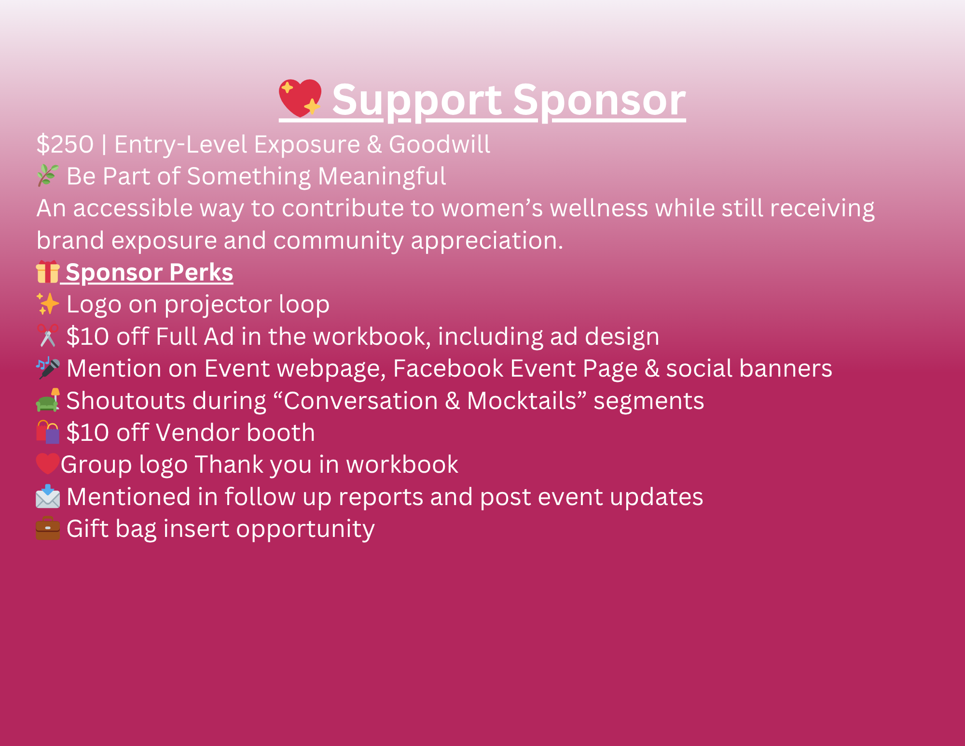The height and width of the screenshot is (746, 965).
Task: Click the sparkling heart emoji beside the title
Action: point(300,98)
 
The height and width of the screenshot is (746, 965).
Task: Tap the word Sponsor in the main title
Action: point(599,100)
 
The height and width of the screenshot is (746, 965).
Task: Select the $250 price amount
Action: point(65,144)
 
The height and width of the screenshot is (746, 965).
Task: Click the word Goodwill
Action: point(440,144)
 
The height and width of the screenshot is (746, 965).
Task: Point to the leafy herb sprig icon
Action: point(48,175)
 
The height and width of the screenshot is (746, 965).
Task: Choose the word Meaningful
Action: point(382,177)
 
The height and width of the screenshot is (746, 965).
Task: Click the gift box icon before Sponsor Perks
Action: point(48,271)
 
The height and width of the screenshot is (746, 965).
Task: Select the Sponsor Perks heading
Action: point(149,272)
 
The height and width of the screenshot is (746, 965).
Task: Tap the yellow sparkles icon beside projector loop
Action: point(48,304)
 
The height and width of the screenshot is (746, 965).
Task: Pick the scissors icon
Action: point(48,336)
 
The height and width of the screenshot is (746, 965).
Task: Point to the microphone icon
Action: point(48,368)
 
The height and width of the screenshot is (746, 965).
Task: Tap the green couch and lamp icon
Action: point(48,400)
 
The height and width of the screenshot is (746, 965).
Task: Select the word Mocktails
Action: point(522,400)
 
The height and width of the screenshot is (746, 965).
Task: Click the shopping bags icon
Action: point(48,432)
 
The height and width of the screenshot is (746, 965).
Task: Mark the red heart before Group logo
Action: point(48,464)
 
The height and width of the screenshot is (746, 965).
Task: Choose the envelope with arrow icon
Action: point(48,496)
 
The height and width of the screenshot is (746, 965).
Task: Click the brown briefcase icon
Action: point(48,528)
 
